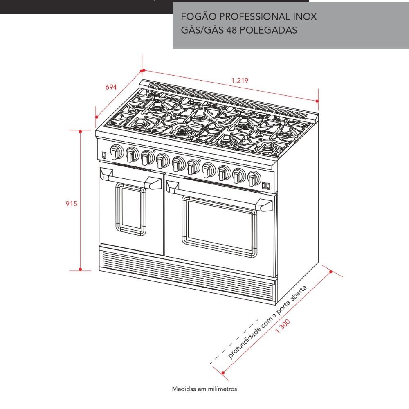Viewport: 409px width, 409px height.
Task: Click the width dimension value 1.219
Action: [x=240, y=80]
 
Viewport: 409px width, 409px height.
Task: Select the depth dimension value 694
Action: [x=111, y=87]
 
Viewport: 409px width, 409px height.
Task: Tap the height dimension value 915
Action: [x=71, y=203]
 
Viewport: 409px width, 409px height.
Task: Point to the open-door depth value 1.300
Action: [x=283, y=326]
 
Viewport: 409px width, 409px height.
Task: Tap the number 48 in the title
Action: [x=231, y=30]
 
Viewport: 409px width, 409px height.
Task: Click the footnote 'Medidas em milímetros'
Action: [x=204, y=389]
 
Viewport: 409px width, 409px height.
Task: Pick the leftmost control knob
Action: [x=116, y=152]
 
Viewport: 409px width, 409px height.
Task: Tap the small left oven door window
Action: [x=131, y=209]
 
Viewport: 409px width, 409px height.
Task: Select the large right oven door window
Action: [x=219, y=226]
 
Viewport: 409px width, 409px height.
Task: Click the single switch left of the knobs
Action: [x=104, y=155]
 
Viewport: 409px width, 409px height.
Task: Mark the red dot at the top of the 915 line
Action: [x=80, y=131]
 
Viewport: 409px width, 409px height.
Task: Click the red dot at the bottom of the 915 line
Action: [x=80, y=269]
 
